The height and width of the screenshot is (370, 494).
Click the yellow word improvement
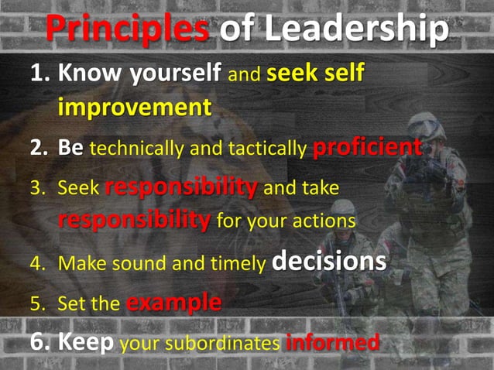(135, 106)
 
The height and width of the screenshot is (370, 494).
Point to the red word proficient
(368, 147)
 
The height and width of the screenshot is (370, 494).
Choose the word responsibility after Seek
(181, 187)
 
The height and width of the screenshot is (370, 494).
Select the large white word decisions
(329, 262)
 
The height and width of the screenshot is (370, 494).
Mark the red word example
(173, 303)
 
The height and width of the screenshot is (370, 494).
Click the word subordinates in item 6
(226, 342)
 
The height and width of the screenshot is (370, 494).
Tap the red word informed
(333, 341)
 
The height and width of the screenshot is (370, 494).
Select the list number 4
(37, 263)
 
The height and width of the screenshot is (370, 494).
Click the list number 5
(37, 303)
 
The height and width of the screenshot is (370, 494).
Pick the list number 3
(37, 188)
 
